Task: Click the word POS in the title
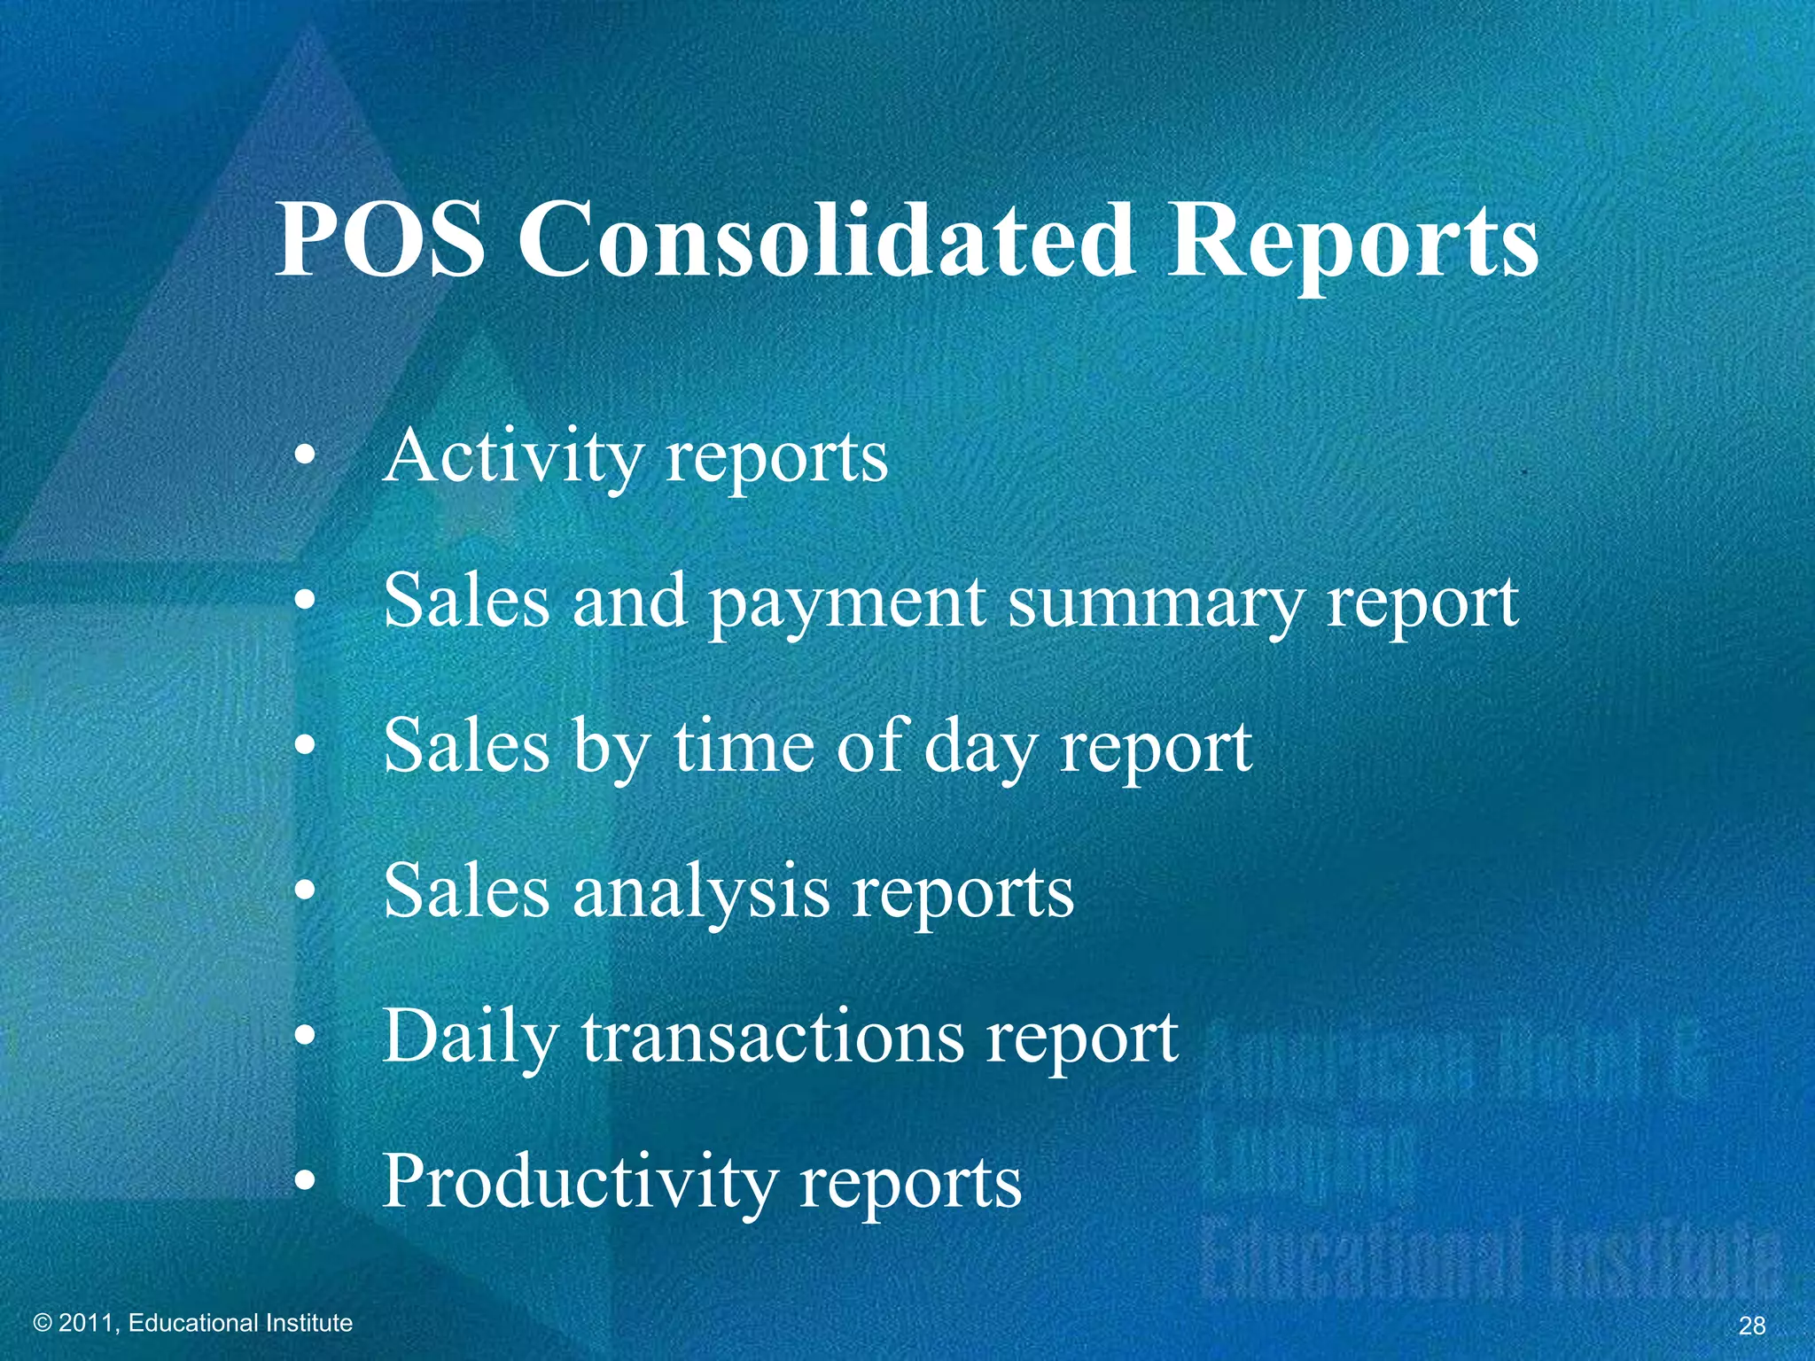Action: point(381,239)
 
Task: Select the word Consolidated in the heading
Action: point(826,239)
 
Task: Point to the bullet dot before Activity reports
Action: point(305,458)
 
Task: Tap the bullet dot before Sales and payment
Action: point(305,603)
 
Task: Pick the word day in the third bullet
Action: point(980,750)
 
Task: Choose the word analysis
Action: point(701,893)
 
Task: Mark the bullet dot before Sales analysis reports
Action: point(305,892)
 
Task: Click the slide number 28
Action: point(1752,1326)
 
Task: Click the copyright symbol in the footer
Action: point(42,1323)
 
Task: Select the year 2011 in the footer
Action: point(87,1323)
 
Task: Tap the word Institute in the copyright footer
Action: point(310,1323)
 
